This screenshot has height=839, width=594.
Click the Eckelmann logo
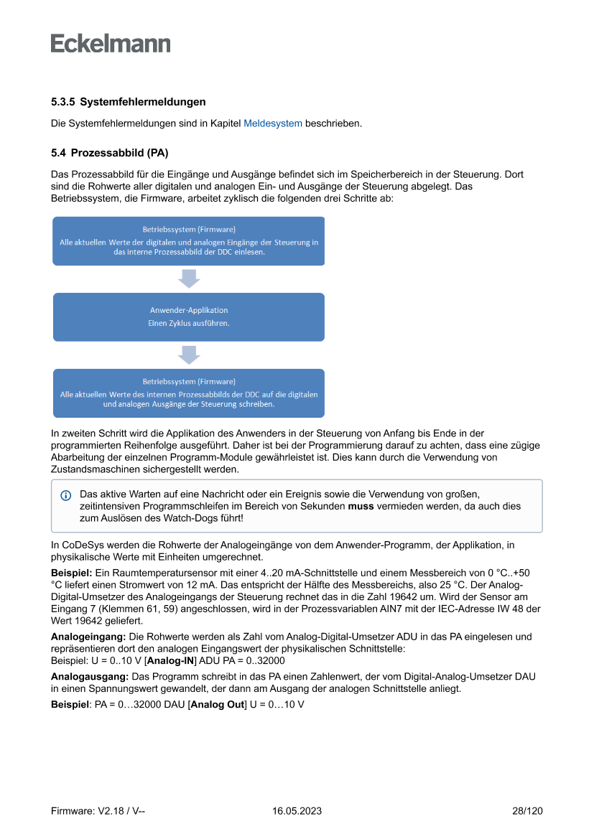[x=111, y=43]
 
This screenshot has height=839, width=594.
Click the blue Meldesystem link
[x=273, y=123]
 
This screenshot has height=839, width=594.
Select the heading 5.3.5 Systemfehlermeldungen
[x=129, y=102]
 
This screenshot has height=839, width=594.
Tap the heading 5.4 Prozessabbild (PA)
[x=109, y=153]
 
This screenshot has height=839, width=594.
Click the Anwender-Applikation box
[x=189, y=317]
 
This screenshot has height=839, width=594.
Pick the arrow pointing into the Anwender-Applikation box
[x=189, y=278]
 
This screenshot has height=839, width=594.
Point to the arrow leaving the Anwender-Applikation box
[x=189, y=355]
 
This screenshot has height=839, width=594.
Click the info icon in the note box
[x=66, y=495]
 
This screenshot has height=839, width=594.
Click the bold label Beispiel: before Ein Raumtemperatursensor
[x=71, y=574]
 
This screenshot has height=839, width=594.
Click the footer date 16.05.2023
[x=297, y=811]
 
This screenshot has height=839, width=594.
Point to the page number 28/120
[x=527, y=811]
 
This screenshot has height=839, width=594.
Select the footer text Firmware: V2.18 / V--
[x=98, y=811]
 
